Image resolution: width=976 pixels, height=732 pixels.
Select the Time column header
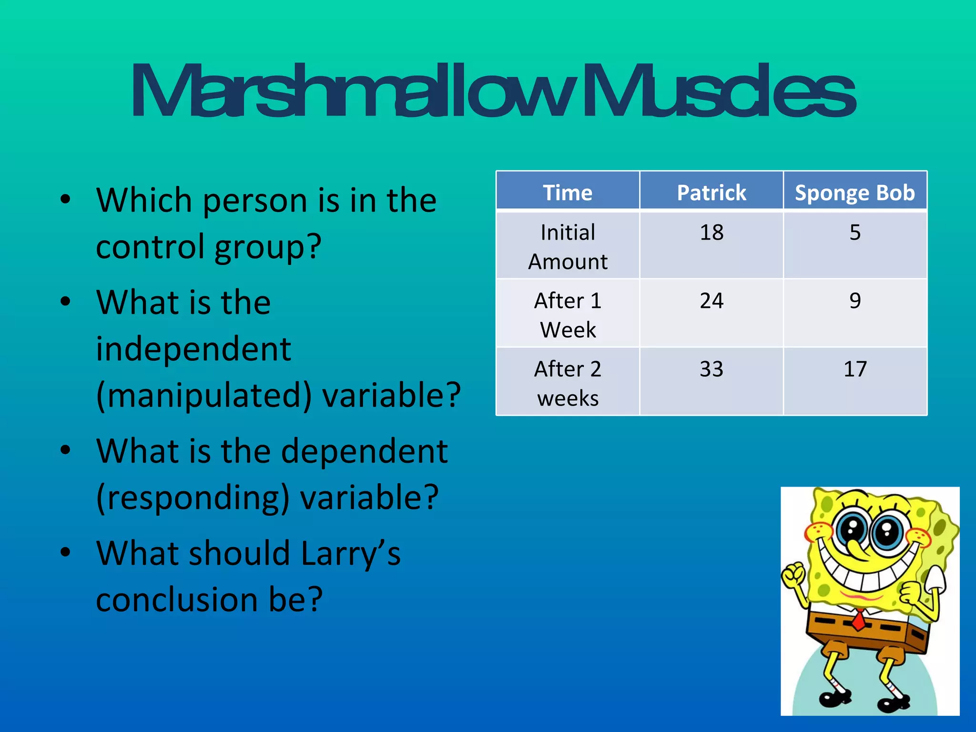[568, 193]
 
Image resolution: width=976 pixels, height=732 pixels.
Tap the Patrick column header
[712, 193]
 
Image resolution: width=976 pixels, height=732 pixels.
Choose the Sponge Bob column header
[855, 193]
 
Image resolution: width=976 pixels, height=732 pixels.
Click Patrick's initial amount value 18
[712, 233]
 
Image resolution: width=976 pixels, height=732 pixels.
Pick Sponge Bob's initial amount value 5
[855, 233]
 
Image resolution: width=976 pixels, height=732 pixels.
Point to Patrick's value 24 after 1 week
[712, 301]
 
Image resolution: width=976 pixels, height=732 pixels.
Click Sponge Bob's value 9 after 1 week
[855, 301]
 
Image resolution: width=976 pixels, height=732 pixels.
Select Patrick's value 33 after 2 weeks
[712, 369]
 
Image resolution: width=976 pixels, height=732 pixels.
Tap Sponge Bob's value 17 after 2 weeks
[855, 369]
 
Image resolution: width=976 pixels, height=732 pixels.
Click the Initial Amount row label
[568, 247]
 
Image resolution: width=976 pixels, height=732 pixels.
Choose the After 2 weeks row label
[568, 383]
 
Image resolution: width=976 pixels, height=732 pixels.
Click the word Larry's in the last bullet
[351, 554]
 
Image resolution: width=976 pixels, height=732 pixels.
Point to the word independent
[193, 349]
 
